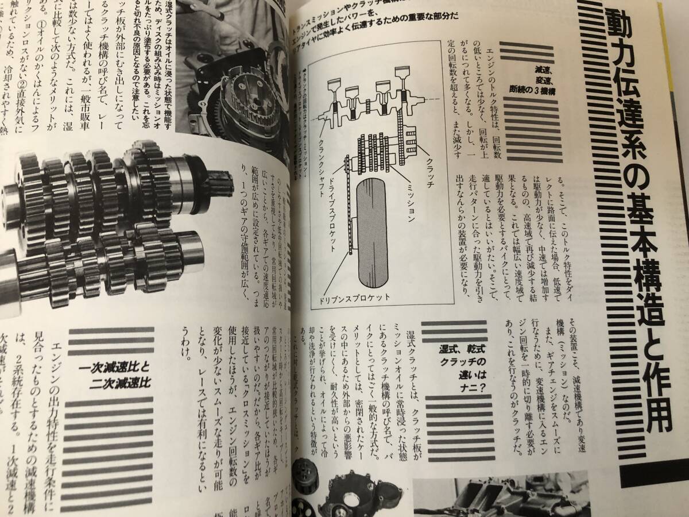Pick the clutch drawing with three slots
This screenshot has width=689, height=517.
tap(409, 137)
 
